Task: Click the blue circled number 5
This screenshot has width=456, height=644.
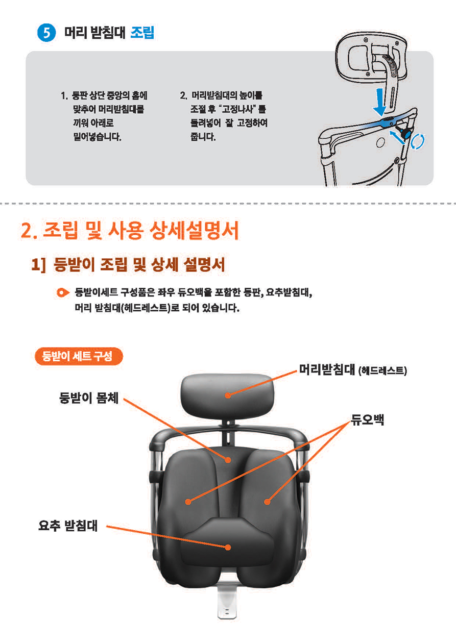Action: coord(46,33)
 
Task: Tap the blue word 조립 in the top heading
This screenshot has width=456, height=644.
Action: coord(142,32)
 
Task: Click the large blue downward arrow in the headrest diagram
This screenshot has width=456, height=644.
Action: coord(380,102)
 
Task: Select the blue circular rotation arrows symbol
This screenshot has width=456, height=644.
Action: coord(417,141)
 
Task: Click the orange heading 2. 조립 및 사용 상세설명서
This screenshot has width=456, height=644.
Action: coord(130,231)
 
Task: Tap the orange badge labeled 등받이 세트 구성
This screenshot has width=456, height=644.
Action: coord(79,356)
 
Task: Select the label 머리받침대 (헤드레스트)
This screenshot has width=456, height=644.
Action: coord(353,369)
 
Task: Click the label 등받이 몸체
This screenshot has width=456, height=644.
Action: coord(89,398)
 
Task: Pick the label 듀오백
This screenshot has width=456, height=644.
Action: coord(367,419)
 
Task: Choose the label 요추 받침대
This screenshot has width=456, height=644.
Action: coord(68,526)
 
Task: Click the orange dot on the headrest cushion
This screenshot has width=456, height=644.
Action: coord(228,395)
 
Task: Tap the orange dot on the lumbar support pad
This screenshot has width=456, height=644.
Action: coord(228,547)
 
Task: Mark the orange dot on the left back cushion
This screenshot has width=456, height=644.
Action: coord(188,502)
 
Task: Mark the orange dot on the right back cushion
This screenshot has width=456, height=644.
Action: coord(267,502)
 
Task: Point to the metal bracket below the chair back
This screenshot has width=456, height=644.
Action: coord(227,600)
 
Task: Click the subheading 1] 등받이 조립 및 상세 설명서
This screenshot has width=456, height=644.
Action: coord(128,264)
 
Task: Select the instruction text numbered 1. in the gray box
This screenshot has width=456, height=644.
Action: coord(104,116)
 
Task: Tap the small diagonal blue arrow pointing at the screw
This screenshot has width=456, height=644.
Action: coord(397,137)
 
